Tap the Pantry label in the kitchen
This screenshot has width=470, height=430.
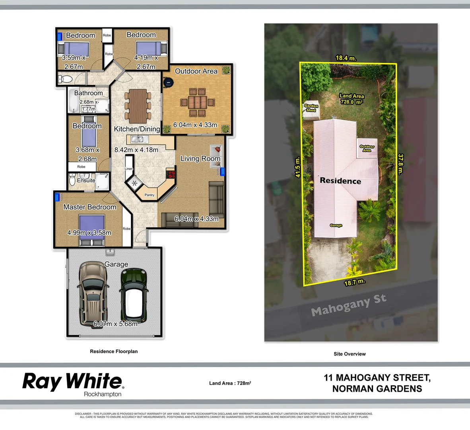click(x=150, y=195)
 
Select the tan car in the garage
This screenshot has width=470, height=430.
click(x=93, y=293)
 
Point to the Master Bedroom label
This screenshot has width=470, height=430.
click(x=90, y=207)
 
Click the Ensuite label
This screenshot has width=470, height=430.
click(x=86, y=180)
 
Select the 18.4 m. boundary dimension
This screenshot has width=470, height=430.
click(x=346, y=58)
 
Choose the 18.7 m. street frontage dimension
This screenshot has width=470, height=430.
click(x=354, y=283)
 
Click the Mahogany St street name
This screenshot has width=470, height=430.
click(x=348, y=305)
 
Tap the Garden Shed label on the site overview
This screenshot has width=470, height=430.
click(x=311, y=108)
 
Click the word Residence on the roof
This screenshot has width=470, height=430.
click(x=340, y=181)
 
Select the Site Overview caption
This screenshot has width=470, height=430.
click(x=350, y=354)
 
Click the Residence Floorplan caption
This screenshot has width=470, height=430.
click(x=114, y=352)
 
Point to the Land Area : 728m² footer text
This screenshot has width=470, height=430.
click(x=230, y=383)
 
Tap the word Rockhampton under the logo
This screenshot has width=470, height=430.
click(x=103, y=394)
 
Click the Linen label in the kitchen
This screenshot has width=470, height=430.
click(x=129, y=169)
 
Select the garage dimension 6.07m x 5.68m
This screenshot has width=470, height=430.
click(x=115, y=324)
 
